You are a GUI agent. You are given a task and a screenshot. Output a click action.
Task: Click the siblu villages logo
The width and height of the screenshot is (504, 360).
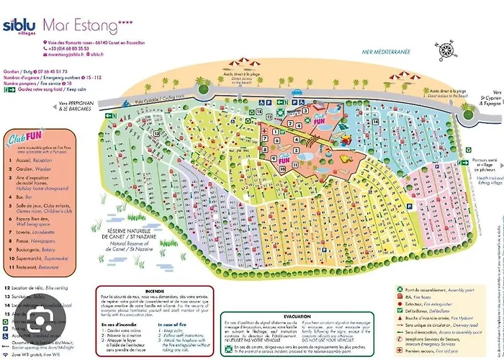[x=19, y=27]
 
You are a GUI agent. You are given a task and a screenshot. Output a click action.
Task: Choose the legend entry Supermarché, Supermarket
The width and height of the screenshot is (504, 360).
[x=36, y=258]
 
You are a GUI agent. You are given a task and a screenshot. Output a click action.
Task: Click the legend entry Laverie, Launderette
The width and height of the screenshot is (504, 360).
[x=32, y=233]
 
